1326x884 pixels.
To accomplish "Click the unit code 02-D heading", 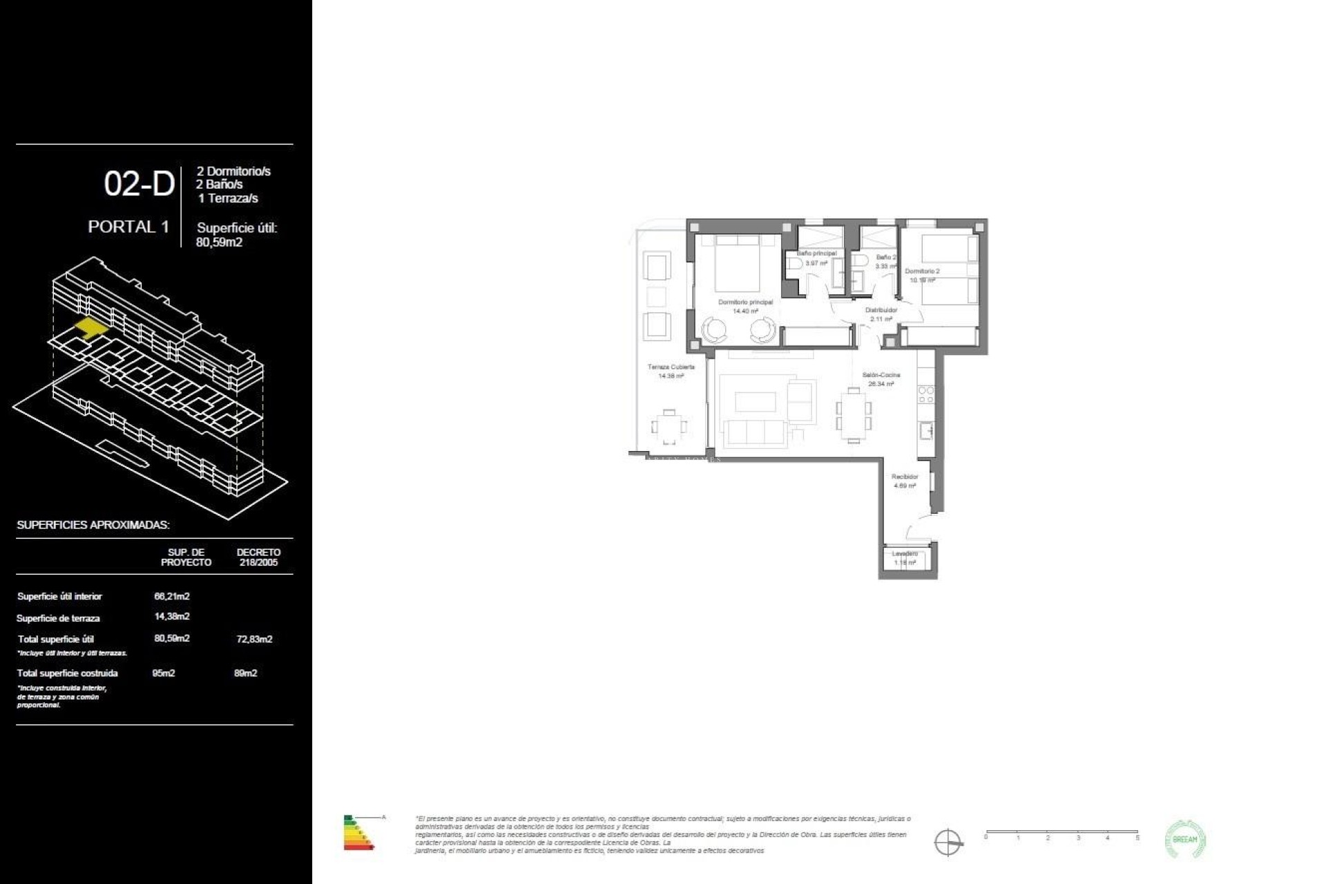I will (x=139, y=184).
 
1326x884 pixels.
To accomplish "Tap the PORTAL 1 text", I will (x=128, y=227).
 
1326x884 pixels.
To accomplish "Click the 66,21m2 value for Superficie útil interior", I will (x=172, y=596).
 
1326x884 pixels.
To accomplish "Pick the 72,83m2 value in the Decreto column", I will (x=254, y=640).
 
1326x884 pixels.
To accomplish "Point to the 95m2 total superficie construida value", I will (x=164, y=673).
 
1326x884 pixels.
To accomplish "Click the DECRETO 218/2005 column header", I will (x=258, y=557).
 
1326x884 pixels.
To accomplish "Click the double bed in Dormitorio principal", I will (x=738, y=265).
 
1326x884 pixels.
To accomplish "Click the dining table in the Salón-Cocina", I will (x=854, y=414).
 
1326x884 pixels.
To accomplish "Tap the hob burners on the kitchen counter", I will (x=925, y=395).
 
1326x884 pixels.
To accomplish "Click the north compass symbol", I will (x=948, y=843).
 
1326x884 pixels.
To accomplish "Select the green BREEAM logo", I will (x=1185, y=839).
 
